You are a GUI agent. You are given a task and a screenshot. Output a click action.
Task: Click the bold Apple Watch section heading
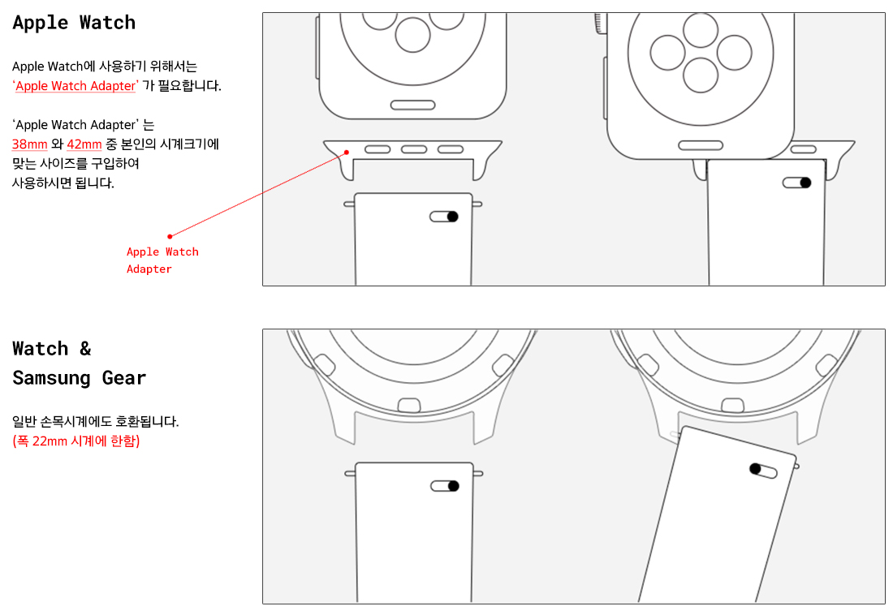(74, 23)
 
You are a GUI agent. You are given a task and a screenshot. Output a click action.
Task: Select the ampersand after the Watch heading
(85, 349)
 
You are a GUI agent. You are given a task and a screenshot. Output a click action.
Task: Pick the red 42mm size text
(84, 144)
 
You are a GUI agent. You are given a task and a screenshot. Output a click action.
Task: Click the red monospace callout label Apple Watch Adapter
(162, 260)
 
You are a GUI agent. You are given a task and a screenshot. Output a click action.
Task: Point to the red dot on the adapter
(347, 152)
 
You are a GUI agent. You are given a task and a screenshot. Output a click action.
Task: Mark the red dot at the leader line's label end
(170, 236)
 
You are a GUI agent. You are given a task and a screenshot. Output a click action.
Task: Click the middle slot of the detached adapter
(414, 149)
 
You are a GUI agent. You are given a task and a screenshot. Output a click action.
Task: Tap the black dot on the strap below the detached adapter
(452, 217)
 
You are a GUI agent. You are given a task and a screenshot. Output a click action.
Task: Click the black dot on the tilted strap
(755, 468)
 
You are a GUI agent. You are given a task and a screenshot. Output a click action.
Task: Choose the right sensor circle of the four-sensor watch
(735, 52)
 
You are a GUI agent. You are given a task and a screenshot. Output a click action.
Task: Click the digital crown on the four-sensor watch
(600, 22)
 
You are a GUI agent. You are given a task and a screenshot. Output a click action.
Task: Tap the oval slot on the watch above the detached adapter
(414, 105)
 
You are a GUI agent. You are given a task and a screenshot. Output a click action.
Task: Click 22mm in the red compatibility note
(50, 441)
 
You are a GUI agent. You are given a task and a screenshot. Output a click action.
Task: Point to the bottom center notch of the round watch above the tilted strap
(733, 404)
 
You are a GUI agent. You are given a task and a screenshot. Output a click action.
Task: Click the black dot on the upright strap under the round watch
(453, 486)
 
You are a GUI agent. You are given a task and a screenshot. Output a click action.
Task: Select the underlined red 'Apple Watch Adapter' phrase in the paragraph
(75, 86)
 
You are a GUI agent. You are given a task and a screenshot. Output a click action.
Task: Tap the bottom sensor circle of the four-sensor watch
(701, 75)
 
